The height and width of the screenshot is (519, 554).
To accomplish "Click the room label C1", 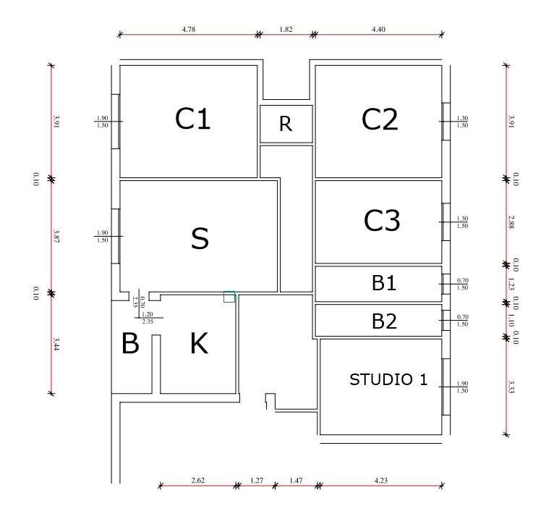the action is (x=192, y=119).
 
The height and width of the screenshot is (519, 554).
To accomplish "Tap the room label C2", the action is (x=380, y=119).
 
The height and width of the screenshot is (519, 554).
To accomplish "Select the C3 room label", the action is (x=382, y=220).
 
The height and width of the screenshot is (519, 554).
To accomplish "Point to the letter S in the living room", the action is (x=200, y=238).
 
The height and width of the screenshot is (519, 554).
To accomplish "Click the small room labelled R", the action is (x=286, y=124).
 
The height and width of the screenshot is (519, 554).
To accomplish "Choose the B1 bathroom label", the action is (x=384, y=283).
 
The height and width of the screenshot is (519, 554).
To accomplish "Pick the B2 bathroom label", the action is (x=384, y=321).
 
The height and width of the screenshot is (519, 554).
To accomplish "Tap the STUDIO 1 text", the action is (x=388, y=379).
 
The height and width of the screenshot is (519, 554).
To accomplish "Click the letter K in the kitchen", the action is (x=200, y=343).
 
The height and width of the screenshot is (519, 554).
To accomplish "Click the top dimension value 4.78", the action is (x=189, y=30).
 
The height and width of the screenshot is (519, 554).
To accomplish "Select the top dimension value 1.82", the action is (x=286, y=30).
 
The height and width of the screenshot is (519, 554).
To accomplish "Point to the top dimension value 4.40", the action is (x=378, y=30).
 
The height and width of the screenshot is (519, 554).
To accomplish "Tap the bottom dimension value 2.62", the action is (x=198, y=480).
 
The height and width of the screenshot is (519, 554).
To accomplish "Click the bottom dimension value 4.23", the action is (x=381, y=480).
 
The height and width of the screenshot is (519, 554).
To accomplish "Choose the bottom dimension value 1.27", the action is (x=257, y=481).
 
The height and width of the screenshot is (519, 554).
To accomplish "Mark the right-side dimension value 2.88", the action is (x=511, y=222).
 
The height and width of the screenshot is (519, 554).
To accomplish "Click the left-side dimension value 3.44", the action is (x=56, y=344).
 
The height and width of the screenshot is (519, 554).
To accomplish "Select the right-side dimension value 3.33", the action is (x=511, y=387).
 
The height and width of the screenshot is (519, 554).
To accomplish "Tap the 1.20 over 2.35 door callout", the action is (x=148, y=318).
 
